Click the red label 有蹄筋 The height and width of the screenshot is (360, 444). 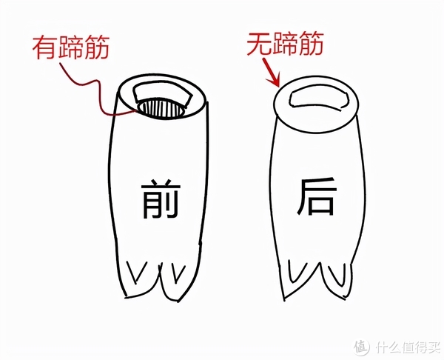coord(71,47)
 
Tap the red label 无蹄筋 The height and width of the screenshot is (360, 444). coord(285,44)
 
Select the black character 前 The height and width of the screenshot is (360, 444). coord(161,199)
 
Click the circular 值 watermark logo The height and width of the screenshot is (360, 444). coord(362,346)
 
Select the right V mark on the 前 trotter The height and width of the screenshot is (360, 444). coord(178,273)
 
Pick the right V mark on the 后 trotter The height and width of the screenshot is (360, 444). coord(340,274)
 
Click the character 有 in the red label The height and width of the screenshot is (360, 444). coord(45,47)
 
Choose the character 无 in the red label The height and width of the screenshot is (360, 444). coord(260,44)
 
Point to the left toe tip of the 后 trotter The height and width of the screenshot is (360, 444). coord(284,300)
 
